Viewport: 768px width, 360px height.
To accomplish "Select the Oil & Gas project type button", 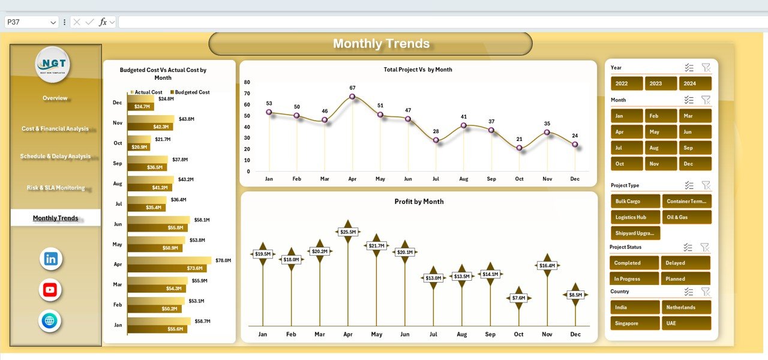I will coord(686,217).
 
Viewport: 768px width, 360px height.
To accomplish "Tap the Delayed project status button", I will coord(685,263).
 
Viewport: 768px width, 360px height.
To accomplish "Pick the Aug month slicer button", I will coord(661,148).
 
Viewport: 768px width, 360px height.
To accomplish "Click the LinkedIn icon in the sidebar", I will coord(50,259).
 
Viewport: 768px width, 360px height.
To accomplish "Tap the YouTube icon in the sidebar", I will coord(50,290).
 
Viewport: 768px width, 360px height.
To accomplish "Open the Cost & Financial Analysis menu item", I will coord(55,128).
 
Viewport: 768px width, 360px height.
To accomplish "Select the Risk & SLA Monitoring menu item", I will coord(55,188).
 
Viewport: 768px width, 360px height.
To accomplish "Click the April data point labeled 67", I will coord(352,97).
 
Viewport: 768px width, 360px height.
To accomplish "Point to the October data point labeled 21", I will coord(519,148).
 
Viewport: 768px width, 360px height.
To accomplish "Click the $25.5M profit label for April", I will coord(347,232).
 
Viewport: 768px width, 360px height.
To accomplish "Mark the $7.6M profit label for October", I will coord(518,298).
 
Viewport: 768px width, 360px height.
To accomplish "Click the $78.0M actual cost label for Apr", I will coord(223,260).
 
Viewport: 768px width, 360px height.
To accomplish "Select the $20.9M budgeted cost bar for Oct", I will coord(139,147).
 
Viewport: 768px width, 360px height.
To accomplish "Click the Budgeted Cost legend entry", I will coord(191,92).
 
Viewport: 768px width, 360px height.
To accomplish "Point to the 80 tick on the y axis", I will coord(247,82).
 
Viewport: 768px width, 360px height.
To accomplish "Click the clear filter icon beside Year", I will coord(706,68).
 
